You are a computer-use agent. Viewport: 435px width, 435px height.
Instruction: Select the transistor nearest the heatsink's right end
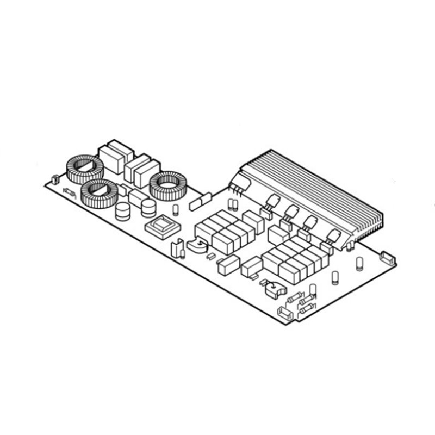pos(333,235)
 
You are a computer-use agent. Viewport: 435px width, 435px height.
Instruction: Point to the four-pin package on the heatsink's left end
pos(237,184)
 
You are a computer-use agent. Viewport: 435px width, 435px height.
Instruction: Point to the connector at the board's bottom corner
pos(284,312)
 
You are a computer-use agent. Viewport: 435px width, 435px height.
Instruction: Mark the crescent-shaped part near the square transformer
pos(196,246)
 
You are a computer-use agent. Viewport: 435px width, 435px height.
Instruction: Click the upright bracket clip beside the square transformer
pos(177,247)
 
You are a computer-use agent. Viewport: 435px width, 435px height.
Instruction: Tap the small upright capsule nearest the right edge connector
pos(359,263)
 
